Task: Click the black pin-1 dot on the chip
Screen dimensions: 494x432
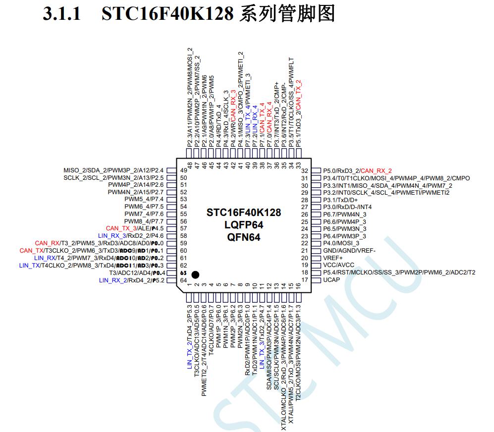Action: pyautogui.click(x=195, y=275)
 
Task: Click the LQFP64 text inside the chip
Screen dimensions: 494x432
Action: pyautogui.click(x=244, y=225)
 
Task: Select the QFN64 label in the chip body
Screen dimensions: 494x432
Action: pyautogui.click(x=244, y=237)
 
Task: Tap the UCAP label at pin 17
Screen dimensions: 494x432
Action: pyautogui.click(x=331, y=280)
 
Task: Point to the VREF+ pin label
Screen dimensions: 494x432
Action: pyautogui.click(x=332, y=258)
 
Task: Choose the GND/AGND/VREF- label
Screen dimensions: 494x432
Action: pyautogui.click(x=349, y=251)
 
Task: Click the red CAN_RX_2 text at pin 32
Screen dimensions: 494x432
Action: pyautogui.click(x=376, y=171)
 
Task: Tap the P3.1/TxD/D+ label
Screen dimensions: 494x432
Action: pyautogui.click(x=340, y=200)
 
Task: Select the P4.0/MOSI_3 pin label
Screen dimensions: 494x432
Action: pyautogui.click(x=341, y=243)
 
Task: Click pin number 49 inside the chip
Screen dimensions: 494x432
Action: pyautogui.click(x=183, y=170)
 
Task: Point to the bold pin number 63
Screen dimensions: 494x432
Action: pyautogui.click(x=183, y=273)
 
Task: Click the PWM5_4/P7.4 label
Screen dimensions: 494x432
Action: pyautogui.click(x=144, y=199)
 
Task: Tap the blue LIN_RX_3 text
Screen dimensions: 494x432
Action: pyautogui.click(x=112, y=236)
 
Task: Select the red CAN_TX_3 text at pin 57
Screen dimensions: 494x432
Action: pyautogui.click(x=121, y=228)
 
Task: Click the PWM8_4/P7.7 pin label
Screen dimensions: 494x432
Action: pyautogui.click(x=144, y=221)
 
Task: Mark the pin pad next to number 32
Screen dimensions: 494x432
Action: pyautogui.click(x=316, y=171)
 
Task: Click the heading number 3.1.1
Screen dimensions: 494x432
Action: pyautogui.click(x=62, y=14)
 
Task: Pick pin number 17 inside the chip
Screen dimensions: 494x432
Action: pyautogui.click(x=304, y=280)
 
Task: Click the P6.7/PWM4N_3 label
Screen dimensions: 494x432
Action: pyautogui.click(x=345, y=215)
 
